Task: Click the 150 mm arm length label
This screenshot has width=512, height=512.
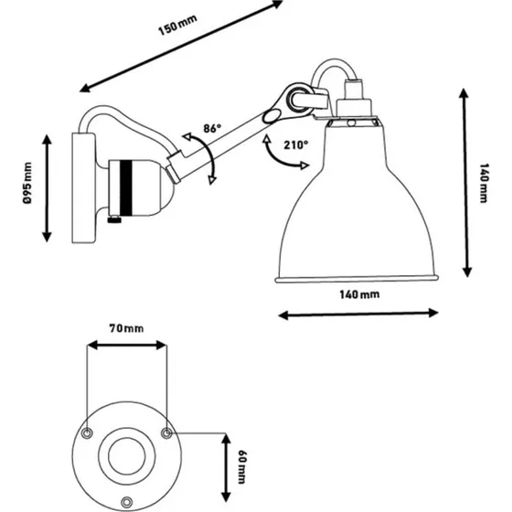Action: (x=177, y=25)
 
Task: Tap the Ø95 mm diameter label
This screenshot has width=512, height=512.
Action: (x=27, y=183)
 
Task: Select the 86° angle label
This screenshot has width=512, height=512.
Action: (x=212, y=128)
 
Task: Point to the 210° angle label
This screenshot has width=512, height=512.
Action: (x=296, y=144)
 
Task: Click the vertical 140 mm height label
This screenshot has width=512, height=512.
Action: (x=484, y=183)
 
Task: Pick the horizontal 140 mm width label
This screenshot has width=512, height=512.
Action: (x=359, y=294)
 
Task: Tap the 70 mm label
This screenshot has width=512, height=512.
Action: (x=126, y=328)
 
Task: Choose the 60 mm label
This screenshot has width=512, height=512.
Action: (x=242, y=467)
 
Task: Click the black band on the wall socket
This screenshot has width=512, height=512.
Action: (x=126, y=187)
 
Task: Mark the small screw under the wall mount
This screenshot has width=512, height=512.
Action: (x=114, y=219)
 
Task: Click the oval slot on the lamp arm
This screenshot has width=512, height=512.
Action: (x=272, y=117)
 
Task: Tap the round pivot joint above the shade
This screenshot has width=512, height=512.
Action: (x=298, y=98)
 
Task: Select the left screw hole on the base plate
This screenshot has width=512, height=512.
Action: (x=87, y=433)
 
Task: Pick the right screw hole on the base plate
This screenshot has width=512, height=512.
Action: (x=166, y=433)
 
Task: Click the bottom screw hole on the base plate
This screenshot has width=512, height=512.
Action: (x=127, y=502)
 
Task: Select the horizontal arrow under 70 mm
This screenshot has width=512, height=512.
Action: (x=127, y=346)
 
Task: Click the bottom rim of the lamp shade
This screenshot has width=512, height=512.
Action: (x=357, y=279)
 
